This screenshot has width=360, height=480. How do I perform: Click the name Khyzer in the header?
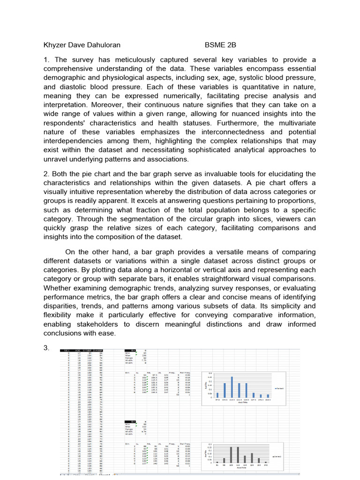pos(55,45)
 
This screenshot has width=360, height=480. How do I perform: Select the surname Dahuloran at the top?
pos(101,45)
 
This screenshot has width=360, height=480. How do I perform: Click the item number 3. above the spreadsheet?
pos(46,349)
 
